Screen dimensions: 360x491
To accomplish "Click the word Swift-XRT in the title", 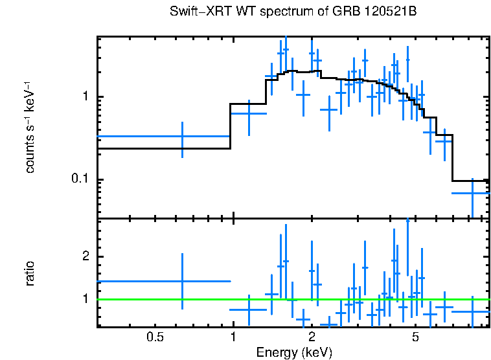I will [x=192, y=13].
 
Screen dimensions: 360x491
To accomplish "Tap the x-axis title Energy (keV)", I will [x=294, y=352].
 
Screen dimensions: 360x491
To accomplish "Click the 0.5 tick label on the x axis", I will [x=154, y=337].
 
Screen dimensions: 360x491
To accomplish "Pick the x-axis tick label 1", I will [x=233, y=337].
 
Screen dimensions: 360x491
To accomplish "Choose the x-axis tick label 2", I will [x=312, y=337].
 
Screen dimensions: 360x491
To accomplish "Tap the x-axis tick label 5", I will [x=415, y=337].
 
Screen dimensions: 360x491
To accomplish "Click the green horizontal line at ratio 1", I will [x=162, y=299].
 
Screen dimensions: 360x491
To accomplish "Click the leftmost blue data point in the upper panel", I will [x=182, y=137].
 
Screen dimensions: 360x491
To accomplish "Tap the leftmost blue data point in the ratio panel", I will [x=182, y=281].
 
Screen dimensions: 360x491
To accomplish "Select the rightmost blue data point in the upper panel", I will [x=472, y=193].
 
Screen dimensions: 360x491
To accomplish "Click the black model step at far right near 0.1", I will [x=470, y=181].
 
